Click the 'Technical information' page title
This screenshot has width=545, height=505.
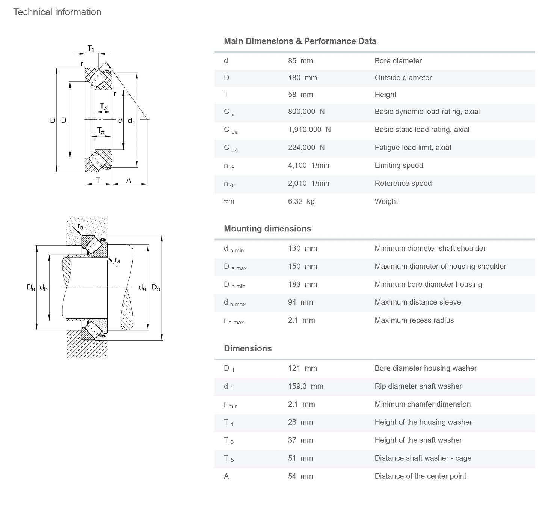coord(57,12)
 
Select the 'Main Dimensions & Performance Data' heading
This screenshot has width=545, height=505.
coord(300,41)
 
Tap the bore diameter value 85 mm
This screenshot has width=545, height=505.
coord(300,61)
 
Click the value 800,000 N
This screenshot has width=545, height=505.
coord(306,112)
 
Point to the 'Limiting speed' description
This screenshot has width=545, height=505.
coord(399,166)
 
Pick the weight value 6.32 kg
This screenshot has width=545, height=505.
coord(301,202)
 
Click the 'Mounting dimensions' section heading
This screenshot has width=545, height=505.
coord(267,229)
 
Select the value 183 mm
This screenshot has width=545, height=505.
coord(302,285)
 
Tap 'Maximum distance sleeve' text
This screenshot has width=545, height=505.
coord(418,302)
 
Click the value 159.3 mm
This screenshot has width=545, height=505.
coord(305,386)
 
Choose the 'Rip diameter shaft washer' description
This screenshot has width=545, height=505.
coord(418,386)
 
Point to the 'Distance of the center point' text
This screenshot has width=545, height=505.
coord(420,476)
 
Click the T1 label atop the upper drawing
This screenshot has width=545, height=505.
coord(91,48)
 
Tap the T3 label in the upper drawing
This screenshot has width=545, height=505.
coord(103,107)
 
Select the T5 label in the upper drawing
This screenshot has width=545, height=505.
coord(101,131)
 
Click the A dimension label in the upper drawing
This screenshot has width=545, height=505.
coord(128,181)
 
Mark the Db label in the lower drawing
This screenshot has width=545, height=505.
coord(155,288)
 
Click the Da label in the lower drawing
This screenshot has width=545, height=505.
coord(31,288)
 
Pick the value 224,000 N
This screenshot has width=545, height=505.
coord(306,148)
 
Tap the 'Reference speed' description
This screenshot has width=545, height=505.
coord(403,184)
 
